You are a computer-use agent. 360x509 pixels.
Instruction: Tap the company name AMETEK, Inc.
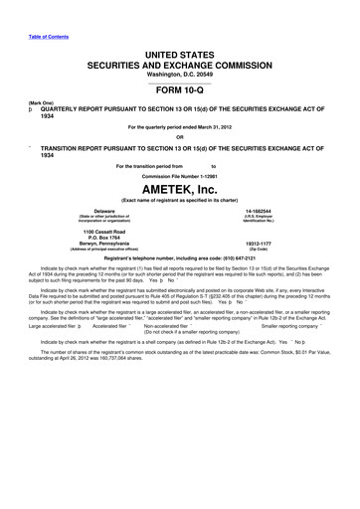point(180,186)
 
